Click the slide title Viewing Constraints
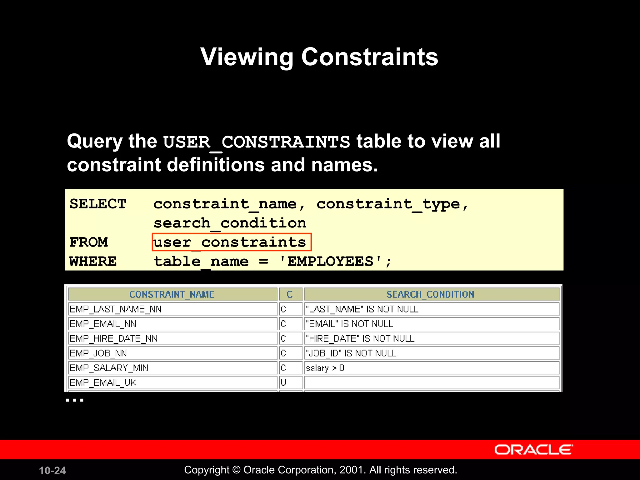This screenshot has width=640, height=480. coord(319,57)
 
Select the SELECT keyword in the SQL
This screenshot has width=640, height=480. coord(98,204)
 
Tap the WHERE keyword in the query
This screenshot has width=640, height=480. coord(93,261)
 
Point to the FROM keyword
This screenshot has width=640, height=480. coord(89,242)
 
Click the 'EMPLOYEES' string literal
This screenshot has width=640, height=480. coord(331,261)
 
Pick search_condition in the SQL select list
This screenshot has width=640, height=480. coord(230,223)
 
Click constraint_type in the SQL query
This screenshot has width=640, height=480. coord(388,204)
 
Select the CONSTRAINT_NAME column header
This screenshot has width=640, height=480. coord(172,294)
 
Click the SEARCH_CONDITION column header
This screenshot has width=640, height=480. coord(430,294)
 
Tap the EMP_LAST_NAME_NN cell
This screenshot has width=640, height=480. coord(116,309)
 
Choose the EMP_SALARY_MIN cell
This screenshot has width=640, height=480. coord(109,368)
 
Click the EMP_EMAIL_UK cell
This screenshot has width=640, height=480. coord(103,382)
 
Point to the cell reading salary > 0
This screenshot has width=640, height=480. coord(325,368)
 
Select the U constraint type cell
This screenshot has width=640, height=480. coord(283,382)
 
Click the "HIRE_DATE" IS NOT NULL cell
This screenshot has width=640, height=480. coord(360,338)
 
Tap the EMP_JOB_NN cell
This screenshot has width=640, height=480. coord(98,353)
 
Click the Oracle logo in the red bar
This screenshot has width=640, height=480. coord(533,450)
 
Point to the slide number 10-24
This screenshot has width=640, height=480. coord(52,470)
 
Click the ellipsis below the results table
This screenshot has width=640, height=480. coord(75,400)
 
